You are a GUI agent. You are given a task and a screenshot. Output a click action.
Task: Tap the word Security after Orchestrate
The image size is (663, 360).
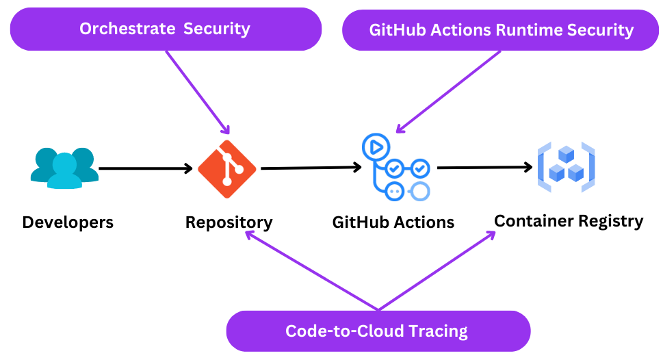[216, 29]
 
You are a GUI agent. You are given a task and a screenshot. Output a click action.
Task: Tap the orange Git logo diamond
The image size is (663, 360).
[226, 169]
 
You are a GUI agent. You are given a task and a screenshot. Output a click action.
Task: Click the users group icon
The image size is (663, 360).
[64, 167]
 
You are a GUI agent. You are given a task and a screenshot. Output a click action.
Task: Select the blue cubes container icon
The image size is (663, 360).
[567, 167]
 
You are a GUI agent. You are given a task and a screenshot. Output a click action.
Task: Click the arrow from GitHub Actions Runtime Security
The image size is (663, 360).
[448, 92]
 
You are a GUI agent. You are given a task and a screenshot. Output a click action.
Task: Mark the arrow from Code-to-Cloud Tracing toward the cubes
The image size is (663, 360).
[438, 270]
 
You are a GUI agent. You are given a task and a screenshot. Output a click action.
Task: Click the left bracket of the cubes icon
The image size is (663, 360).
[543, 167]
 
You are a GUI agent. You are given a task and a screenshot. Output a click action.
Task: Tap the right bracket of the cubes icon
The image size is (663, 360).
[590, 167]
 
